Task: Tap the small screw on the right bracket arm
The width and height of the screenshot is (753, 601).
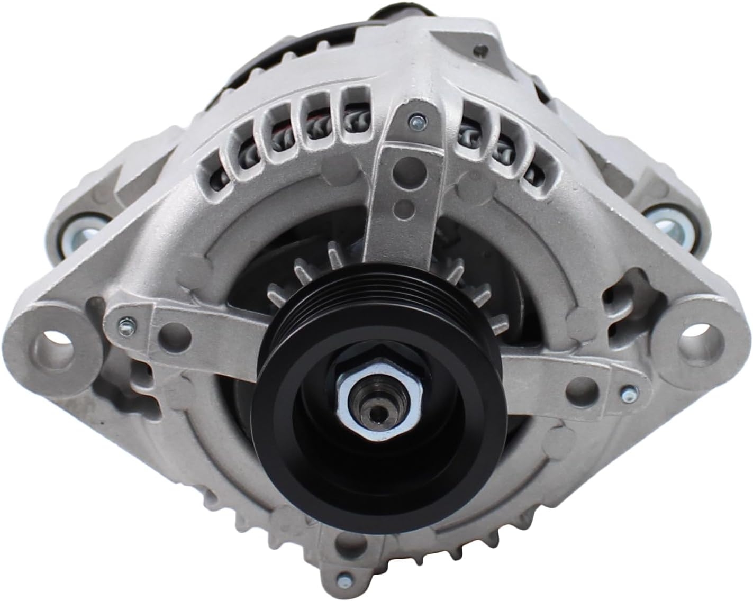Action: pyautogui.click(x=627, y=394)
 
